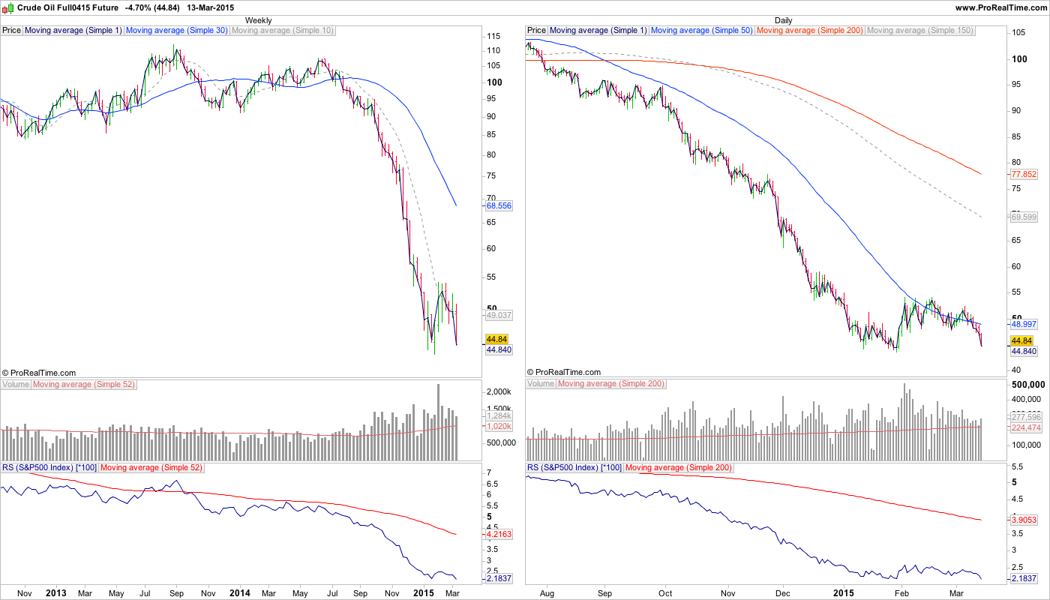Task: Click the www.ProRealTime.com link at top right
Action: (x=1001, y=7)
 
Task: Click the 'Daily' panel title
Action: (x=783, y=20)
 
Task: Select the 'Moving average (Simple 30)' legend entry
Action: (x=177, y=31)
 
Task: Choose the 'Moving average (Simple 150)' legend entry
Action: (x=919, y=31)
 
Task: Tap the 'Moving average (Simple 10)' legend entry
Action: (x=283, y=31)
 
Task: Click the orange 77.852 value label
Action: (x=1024, y=174)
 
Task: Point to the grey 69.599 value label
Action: (x=1024, y=217)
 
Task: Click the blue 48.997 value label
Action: (x=1024, y=324)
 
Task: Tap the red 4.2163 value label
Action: (x=499, y=535)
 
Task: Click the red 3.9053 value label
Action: (x=1024, y=520)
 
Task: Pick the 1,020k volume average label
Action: (x=499, y=426)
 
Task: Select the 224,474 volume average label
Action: (x=1026, y=427)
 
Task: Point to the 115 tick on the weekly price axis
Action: (x=493, y=36)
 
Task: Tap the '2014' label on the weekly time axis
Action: (x=240, y=592)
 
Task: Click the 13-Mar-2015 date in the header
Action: (x=211, y=7)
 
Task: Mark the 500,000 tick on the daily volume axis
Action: (x=1027, y=384)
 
